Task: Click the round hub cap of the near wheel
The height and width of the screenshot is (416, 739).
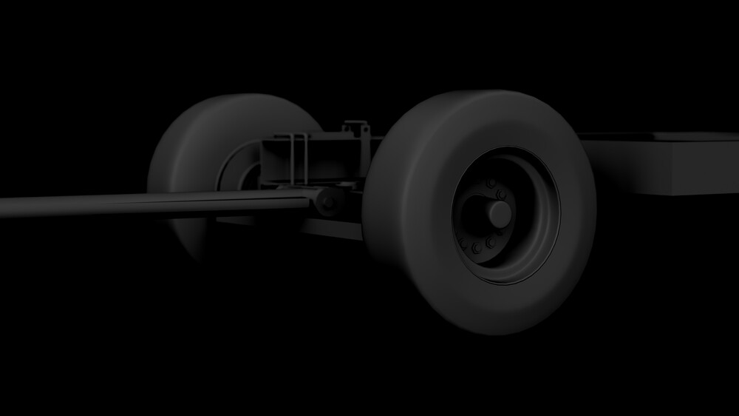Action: click(499, 214)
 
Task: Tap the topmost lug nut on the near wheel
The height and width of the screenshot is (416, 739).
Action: click(489, 183)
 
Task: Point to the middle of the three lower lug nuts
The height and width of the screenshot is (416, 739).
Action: click(477, 246)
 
